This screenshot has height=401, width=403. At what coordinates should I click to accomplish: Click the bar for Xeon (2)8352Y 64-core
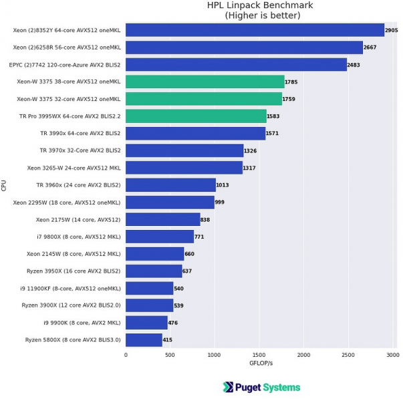254,30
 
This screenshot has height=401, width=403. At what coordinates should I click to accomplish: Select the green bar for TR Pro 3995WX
196,116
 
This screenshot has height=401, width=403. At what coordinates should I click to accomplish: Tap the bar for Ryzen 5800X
144,340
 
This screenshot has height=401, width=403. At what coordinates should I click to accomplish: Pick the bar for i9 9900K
146,323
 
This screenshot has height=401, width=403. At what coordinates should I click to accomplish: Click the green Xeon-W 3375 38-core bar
205,82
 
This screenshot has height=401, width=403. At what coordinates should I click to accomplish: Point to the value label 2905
391,31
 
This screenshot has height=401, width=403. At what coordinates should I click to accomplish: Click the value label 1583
273,117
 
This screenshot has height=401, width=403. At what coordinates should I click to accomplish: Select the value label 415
168,340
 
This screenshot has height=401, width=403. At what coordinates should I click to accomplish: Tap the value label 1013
222,186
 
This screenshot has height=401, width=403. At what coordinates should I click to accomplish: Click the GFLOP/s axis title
260,364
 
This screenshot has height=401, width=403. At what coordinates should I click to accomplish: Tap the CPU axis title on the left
5,185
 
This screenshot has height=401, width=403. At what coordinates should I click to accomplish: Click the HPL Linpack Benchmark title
260,5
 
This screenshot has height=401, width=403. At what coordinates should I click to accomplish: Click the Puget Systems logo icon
228,387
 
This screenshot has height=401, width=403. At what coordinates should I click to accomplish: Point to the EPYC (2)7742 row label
65,65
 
